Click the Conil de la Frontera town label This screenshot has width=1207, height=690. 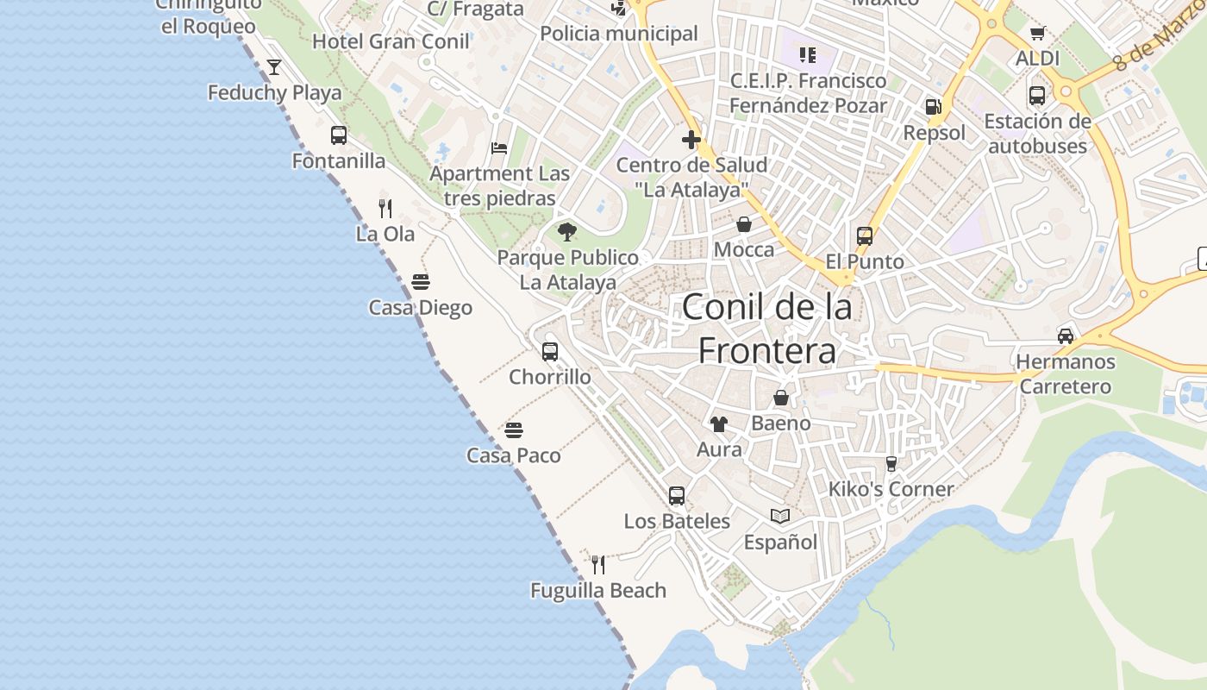[x=766, y=329]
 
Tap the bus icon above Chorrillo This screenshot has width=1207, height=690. [x=550, y=351]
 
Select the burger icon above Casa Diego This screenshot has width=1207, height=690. [x=421, y=282]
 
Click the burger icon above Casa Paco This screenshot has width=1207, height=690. [x=514, y=430]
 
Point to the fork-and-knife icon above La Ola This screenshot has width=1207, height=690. [x=385, y=208]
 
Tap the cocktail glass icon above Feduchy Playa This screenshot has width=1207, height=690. [x=274, y=66]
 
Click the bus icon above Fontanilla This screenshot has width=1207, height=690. [x=339, y=135]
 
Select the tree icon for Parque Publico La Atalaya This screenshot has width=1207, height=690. [x=566, y=231]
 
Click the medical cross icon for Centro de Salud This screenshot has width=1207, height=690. [x=691, y=139]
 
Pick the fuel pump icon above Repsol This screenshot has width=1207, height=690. [x=933, y=107]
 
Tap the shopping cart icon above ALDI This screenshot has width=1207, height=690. [x=1037, y=34]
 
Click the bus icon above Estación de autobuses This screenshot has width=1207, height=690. [x=1037, y=96]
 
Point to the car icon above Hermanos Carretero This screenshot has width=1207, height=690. [x=1066, y=336]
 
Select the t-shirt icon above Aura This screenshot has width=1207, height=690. [x=718, y=423]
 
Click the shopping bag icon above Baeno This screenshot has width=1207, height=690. [x=781, y=398]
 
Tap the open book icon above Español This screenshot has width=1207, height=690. [x=780, y=516]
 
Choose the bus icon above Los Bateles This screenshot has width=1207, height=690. [x=677, y=496]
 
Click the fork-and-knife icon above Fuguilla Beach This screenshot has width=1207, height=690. [x=598, y=565]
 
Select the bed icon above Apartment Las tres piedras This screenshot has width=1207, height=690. [x=499, y=147]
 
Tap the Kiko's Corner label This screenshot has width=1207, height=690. [x=891, y=489]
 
